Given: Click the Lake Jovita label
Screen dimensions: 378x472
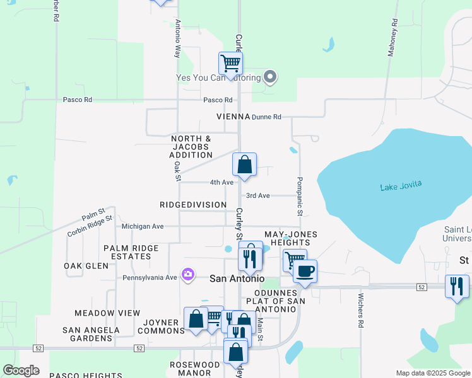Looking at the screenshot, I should tap(400, 186).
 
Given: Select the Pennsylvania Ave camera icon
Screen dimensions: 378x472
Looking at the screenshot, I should tap(187, 275).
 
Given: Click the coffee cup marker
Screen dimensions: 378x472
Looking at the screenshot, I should tap(305, 272).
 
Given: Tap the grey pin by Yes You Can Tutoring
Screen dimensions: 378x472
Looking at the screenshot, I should tap(270, 77).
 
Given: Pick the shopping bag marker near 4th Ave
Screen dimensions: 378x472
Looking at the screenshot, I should tap(245, 165).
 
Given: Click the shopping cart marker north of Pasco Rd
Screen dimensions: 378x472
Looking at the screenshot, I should tap(230, 63).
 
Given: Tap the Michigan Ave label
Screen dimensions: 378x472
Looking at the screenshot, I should tap(143, 226).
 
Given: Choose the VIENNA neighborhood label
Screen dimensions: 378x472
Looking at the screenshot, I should tap(233, 117).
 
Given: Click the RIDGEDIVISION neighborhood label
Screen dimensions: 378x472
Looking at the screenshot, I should tap(193, 205).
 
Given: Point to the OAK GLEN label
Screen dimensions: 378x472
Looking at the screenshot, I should tap(86, 266).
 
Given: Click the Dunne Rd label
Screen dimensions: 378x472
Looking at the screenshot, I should tap(266, 117).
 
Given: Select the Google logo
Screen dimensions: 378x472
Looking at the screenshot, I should tap(21, 370).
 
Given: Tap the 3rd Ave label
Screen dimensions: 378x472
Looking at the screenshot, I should tap(258, 196).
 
